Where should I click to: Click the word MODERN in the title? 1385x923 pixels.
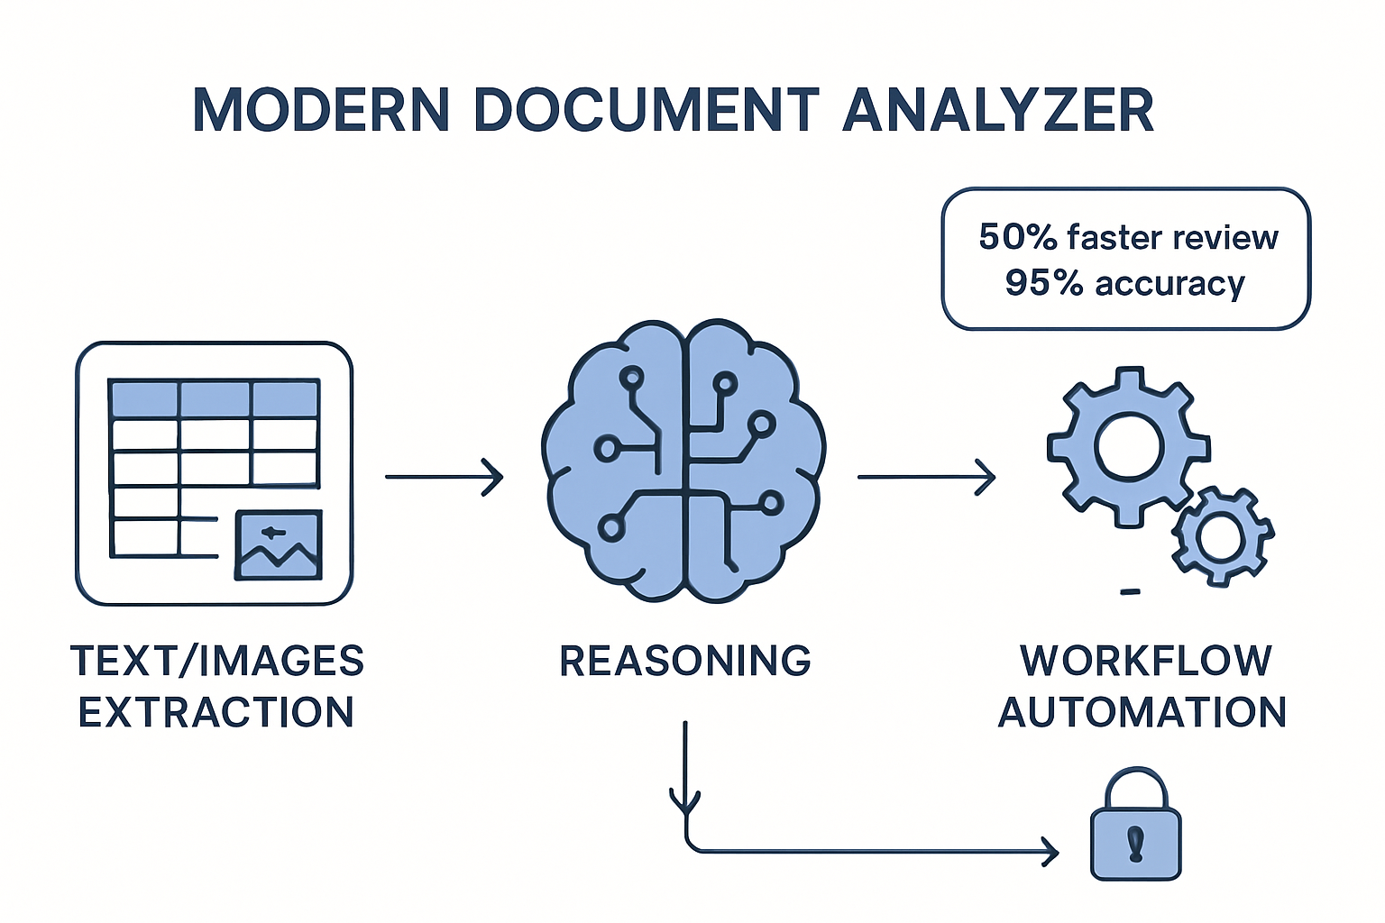(x=321, y=111)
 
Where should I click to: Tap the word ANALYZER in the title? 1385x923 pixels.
(x=998, y=111)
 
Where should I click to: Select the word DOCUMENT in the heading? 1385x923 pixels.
(x=646, y=111)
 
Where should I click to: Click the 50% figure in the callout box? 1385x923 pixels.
(x=1017, y=237)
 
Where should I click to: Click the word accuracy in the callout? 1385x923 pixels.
(x=1169, y=284)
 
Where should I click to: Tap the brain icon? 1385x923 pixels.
(x=684, y=460)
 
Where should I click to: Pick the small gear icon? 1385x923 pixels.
(x=1222, y=536)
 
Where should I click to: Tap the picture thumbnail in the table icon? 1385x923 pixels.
(x=279, y=545)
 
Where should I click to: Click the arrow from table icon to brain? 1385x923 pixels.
(x=444, y=476)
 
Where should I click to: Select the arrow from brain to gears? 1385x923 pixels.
(x=926, y=476)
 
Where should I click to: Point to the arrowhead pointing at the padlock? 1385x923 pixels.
(x=1050, y=851)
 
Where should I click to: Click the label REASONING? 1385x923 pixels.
(x=684, y=661)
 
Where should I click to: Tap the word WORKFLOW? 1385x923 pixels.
(x=1145, y=661)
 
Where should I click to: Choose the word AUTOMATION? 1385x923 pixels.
(x=1142, y=712)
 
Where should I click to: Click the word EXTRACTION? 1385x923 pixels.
(x=216, y=712)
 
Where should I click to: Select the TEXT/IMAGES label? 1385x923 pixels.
(x=216, y=661)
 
